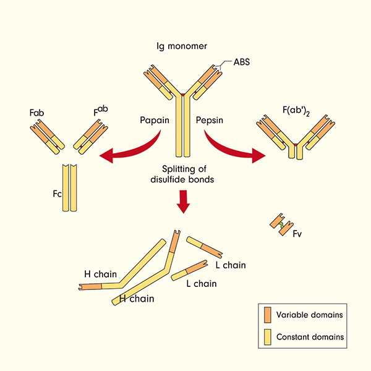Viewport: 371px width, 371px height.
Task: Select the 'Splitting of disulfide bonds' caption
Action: click(x=185, y=174)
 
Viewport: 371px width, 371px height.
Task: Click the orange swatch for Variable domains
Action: click(x=267, y=315)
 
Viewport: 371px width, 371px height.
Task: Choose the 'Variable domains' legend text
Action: click(x=310, y=315)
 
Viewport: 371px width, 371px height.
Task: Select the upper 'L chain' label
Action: click(x=230, y=265)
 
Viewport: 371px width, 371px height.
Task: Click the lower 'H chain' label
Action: click(x=135, y=298)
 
